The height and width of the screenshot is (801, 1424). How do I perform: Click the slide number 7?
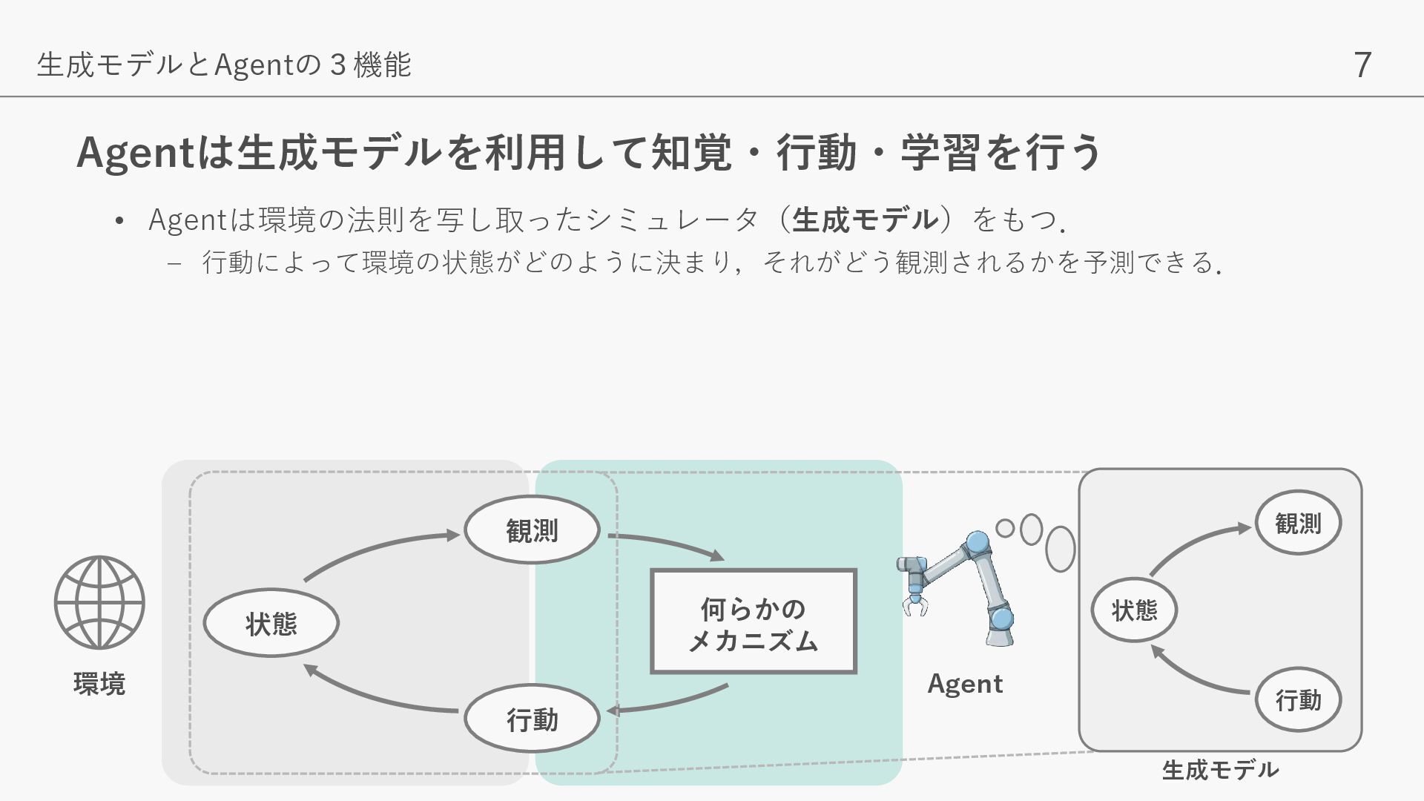[x=1362, y=65]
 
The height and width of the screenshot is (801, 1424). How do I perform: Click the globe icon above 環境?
[x=99, y=602]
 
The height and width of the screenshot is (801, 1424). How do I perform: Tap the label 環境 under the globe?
[x=99, y=683]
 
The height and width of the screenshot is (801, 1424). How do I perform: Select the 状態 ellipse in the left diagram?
[x=271, y=623]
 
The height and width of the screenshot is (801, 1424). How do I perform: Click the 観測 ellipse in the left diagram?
[x=532, y=530]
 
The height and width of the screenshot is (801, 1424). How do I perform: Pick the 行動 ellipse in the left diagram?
[x=532, y=719]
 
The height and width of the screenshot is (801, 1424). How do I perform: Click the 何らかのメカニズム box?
[x=754, y=622]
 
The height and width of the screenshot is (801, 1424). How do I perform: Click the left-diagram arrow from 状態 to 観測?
[x=378, y=549]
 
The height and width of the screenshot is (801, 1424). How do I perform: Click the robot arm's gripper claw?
[x=915, y=604]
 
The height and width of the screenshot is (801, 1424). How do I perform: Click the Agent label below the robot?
[x=965, y=684]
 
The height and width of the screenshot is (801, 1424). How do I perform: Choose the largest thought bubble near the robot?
[x=1061, y=549]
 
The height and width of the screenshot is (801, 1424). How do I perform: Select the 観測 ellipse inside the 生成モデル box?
[x=1298, y=523]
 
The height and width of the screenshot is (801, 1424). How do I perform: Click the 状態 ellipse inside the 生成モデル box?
[x=1134, y=610]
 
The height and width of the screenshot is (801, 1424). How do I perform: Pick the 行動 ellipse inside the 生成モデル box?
[x=1298, y=699]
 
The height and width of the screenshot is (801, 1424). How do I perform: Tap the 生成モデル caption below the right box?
[x=1220, y=770]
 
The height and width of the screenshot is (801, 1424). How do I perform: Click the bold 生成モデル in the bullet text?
[x=865, y=220]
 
